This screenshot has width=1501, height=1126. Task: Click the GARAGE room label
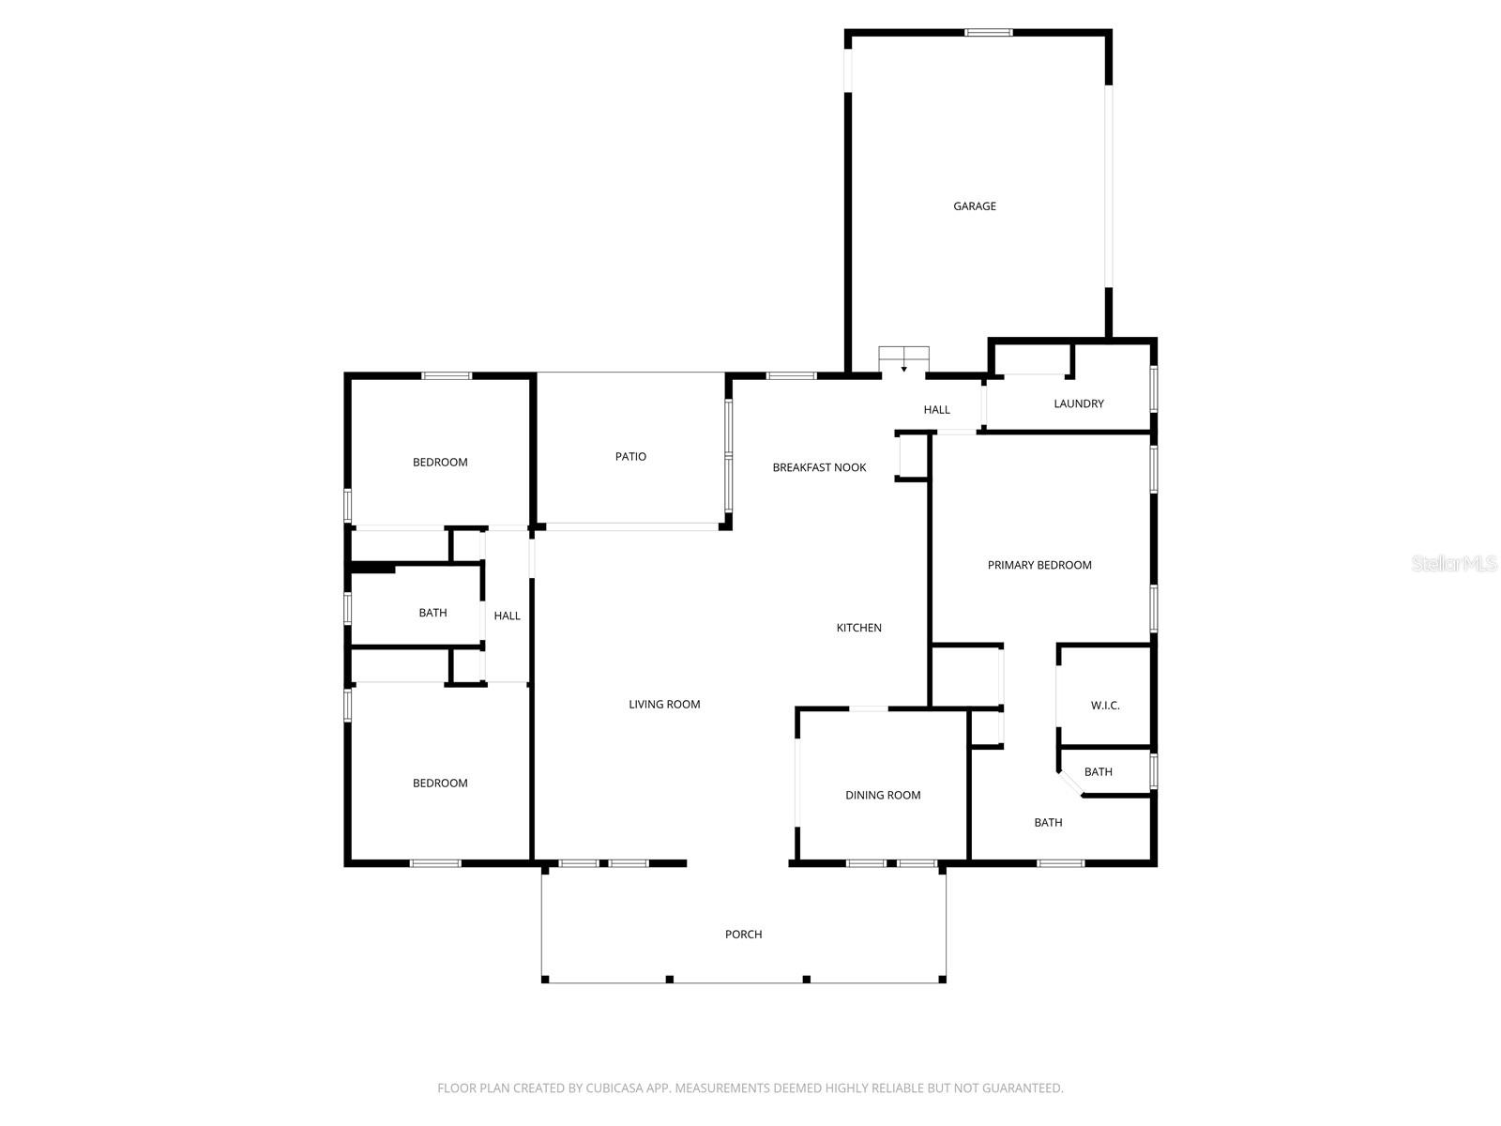click(974, 205)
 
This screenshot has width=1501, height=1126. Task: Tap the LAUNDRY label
click(1078, 403)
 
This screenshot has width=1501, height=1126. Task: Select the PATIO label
click(629, 456)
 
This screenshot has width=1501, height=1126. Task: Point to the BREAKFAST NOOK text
click(819, 467)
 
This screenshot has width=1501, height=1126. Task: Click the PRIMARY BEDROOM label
click(1039, 565)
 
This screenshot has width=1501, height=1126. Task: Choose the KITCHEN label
click(858, 628)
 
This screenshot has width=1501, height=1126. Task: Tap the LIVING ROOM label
click(664, 704)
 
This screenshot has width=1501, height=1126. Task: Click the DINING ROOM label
click(882, 795)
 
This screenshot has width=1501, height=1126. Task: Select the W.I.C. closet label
click(1104, 706)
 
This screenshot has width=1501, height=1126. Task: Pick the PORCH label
click(743, 934)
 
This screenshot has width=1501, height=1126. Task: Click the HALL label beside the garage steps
click(936, 409)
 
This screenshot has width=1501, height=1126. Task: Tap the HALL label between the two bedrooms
click(507, 616)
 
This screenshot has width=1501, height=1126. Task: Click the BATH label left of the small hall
click(432, 613)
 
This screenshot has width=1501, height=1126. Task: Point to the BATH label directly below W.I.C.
click(1098, 772)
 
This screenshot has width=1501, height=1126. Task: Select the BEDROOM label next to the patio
click(440, 463)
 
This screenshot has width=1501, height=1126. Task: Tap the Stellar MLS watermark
click(1453, 563)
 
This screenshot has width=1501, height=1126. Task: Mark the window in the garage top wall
click(988, 32)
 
